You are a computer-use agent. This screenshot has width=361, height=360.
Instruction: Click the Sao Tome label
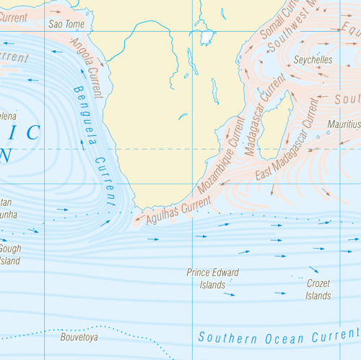(66, 24)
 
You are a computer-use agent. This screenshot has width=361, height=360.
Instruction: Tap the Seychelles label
(314, 60)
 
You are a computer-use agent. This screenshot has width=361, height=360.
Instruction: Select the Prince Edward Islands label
(212, 278)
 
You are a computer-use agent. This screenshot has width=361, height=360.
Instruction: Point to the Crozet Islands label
(318, 290)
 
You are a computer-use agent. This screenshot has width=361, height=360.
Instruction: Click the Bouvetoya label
(79, 337)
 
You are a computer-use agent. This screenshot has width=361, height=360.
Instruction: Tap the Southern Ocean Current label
(278, 336)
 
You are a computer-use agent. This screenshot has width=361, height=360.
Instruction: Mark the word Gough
(10, 249)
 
